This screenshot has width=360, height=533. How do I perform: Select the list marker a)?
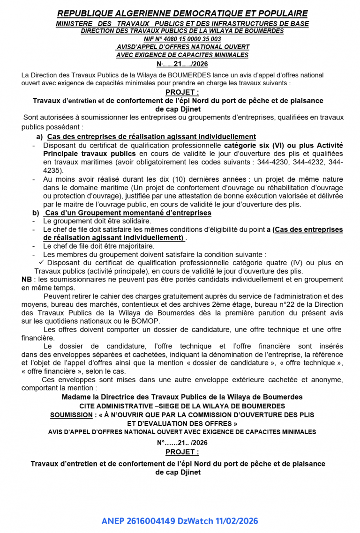(x=39, y=136)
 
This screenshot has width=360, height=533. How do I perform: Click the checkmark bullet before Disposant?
(x=41, y=262)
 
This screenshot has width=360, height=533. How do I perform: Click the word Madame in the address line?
(x=75, y=397)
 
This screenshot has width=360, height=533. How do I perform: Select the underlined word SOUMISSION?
(x=71, y=415)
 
